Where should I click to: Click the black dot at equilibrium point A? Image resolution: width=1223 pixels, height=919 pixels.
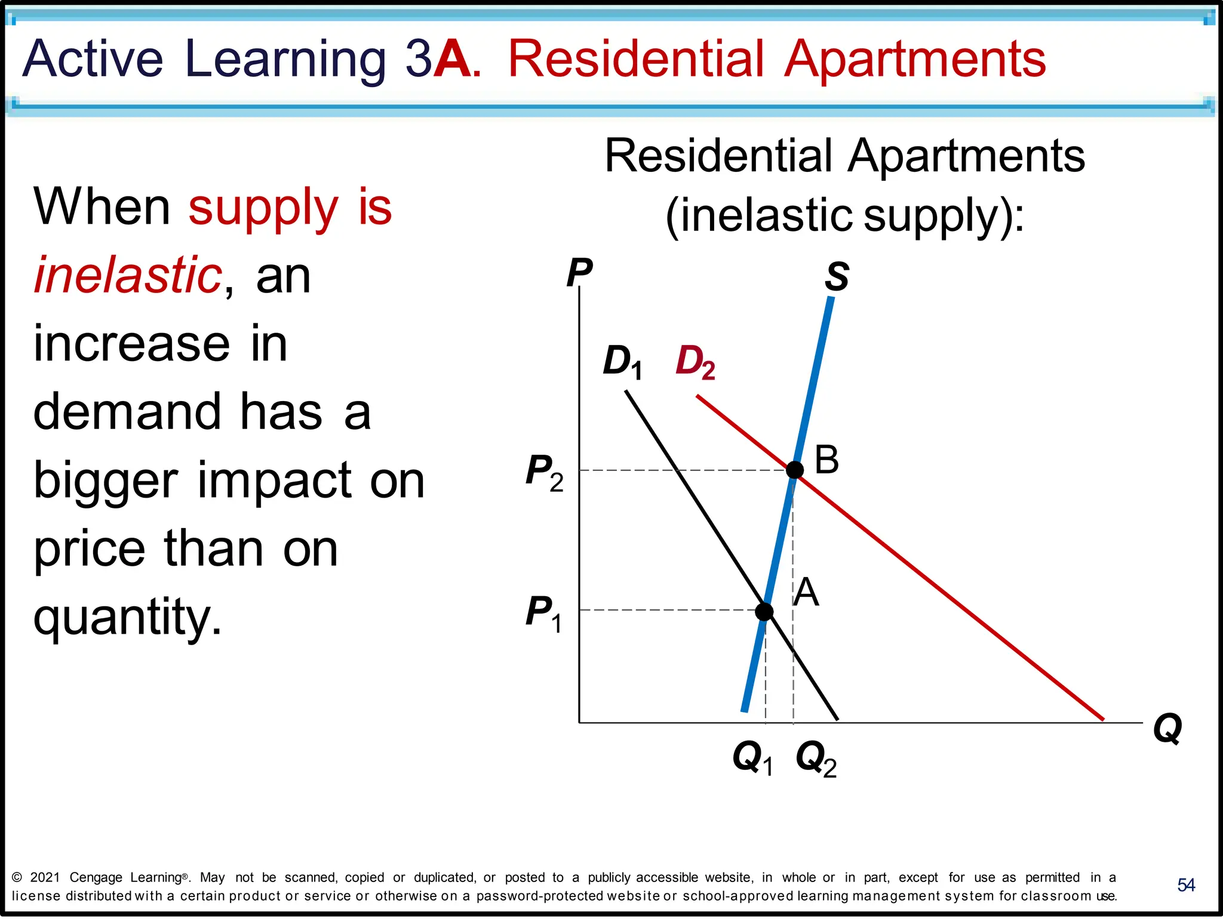pyautogui.click(x=764, y=612)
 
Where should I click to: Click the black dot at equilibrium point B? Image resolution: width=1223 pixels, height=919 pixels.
pyautogui.click(x=794, y=470)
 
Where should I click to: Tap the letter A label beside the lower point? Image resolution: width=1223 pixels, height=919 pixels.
pyautogui.click(x=806, y=593)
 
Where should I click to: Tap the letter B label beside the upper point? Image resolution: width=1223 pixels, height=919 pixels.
pyautogui.click(x=827, y=461)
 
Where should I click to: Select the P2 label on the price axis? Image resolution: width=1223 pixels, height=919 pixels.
pyautogui.click(x=544, y=472)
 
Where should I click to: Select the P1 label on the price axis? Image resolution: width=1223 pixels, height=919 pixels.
pyautogui.click(x=543, y=613)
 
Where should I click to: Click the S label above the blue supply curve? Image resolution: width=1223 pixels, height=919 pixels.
pyautogui.click(x=837, y=277)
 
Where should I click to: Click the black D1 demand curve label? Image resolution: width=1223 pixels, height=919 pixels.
pyautogui.click(x=623, y=362)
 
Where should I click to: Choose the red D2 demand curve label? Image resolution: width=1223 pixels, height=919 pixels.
pyautogui.click(x=695, y=362)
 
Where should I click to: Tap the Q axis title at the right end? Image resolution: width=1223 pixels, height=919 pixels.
pyautogui.click(x=1167, y=728)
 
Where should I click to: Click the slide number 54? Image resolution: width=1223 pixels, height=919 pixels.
pyautogui.click(x=1186, y=885)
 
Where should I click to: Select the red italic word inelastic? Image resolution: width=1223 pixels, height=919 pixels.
pyautogui.click(x=128, y=275)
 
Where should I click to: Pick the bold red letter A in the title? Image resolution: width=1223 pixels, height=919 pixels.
pyautogui.click(x=453, y=58)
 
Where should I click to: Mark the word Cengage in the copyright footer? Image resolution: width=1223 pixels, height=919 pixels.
pyautogui.click(x=96, y=877)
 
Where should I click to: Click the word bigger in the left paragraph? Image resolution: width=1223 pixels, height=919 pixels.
pyautogui.click(x=106, y=481)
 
